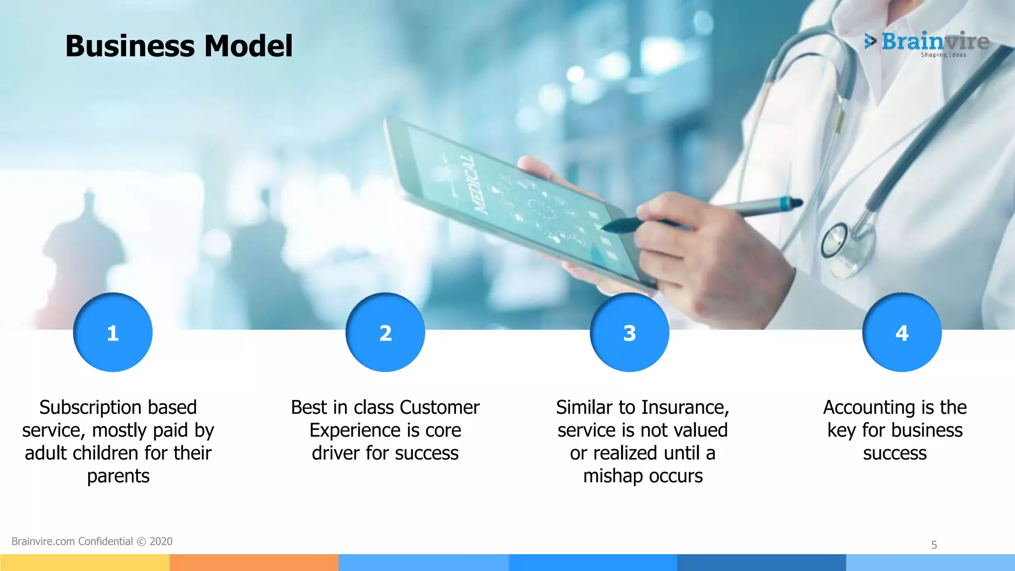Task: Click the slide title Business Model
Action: (x=179, y=46)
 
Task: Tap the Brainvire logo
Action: (x=927, y=43)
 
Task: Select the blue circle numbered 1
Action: (x=113, y=333)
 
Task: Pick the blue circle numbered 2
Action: (x=385, y=333)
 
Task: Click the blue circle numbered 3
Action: (x=629, y=333)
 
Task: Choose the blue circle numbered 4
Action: (x=902, y=333)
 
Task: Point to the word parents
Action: (x=118, y=476)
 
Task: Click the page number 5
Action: (x=934, y=545)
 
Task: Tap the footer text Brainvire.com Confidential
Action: (x=72, y=541)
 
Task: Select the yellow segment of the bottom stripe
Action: (x=84, y=563)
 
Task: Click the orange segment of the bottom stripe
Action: (x=254, y=563)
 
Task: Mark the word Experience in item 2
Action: (x=347, y=430)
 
